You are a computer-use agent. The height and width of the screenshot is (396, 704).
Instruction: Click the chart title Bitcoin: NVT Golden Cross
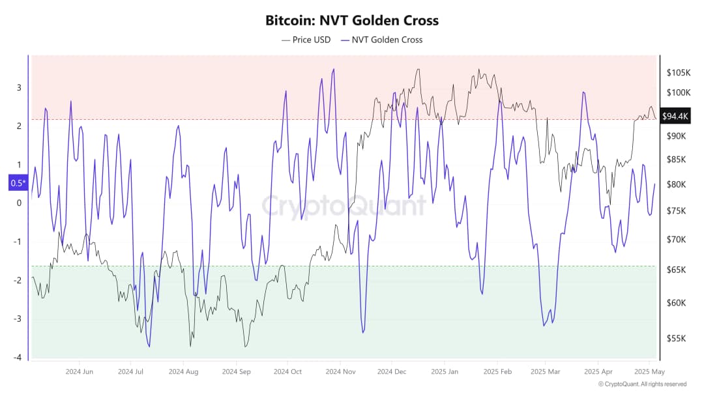coord(352,20)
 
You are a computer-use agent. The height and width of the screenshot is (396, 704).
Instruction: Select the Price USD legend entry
coord(306,40)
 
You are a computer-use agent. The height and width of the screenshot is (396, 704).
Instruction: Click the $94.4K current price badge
coord(675,117)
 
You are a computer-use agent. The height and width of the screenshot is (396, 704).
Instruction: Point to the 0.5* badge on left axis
coord(17,183)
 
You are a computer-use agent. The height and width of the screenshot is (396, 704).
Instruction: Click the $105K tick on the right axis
coord(679,72)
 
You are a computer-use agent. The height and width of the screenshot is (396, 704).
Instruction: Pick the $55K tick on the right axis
coord(677,338)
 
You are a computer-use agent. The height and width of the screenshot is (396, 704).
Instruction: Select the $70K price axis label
coord(677,240)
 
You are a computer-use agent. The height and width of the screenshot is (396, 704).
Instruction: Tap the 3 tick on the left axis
coord(19,87)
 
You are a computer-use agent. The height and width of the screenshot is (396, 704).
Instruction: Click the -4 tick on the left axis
coord(18,358)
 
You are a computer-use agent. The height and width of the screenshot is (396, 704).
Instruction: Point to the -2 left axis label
coord(18,280)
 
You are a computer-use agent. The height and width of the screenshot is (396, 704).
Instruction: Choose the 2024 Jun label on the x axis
coord(79,372)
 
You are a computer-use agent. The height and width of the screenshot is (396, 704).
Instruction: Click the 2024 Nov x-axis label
coord(341,372)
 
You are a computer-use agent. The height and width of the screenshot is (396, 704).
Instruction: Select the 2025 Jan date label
coord(445,372)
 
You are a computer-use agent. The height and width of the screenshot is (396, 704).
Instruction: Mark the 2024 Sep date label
coord(236,372)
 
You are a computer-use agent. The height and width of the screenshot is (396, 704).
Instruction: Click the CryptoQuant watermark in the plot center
coord(344,206)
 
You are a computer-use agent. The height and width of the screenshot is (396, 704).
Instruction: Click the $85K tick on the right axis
coord(677,160)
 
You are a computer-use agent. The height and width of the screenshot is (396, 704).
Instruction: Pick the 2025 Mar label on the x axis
coord(545,372)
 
